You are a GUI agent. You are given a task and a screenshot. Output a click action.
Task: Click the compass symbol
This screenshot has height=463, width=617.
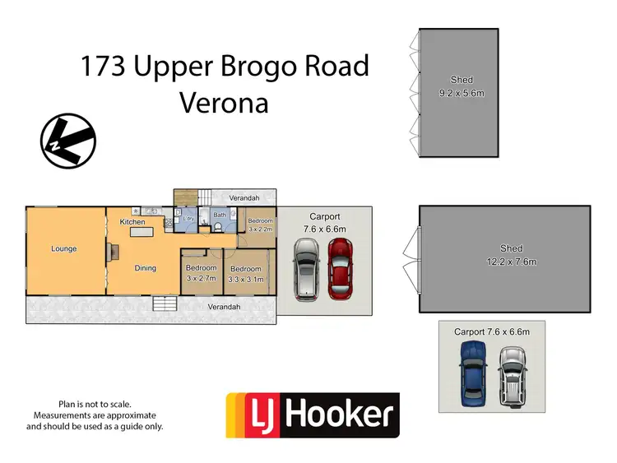click(67, 141)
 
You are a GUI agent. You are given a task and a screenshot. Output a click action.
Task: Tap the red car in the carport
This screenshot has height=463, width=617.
click(340, 268)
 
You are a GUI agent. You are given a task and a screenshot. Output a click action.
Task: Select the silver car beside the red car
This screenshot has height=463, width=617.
click(306, 268)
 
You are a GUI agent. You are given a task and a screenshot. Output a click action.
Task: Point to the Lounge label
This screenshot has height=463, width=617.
click(64, 248)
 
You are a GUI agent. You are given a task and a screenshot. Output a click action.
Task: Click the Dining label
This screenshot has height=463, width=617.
click(146, 267)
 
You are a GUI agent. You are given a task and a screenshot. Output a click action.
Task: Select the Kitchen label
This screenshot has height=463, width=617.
click(132, 222)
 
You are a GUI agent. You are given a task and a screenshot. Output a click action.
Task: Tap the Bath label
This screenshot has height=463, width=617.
click(220, 215)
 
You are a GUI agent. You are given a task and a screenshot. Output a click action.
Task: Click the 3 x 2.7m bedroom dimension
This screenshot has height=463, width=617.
click(202, 280)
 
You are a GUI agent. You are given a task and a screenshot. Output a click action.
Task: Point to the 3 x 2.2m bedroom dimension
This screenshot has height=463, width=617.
click(260, 230)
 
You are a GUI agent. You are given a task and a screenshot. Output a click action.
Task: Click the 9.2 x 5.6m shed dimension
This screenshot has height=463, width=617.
click(462, 93)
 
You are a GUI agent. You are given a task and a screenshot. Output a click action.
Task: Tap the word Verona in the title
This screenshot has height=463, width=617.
click(224, 104)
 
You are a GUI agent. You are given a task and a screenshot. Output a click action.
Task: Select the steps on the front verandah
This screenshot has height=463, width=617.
click(165, 303)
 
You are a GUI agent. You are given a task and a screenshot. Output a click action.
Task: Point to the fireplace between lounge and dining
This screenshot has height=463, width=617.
click(114, 251)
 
